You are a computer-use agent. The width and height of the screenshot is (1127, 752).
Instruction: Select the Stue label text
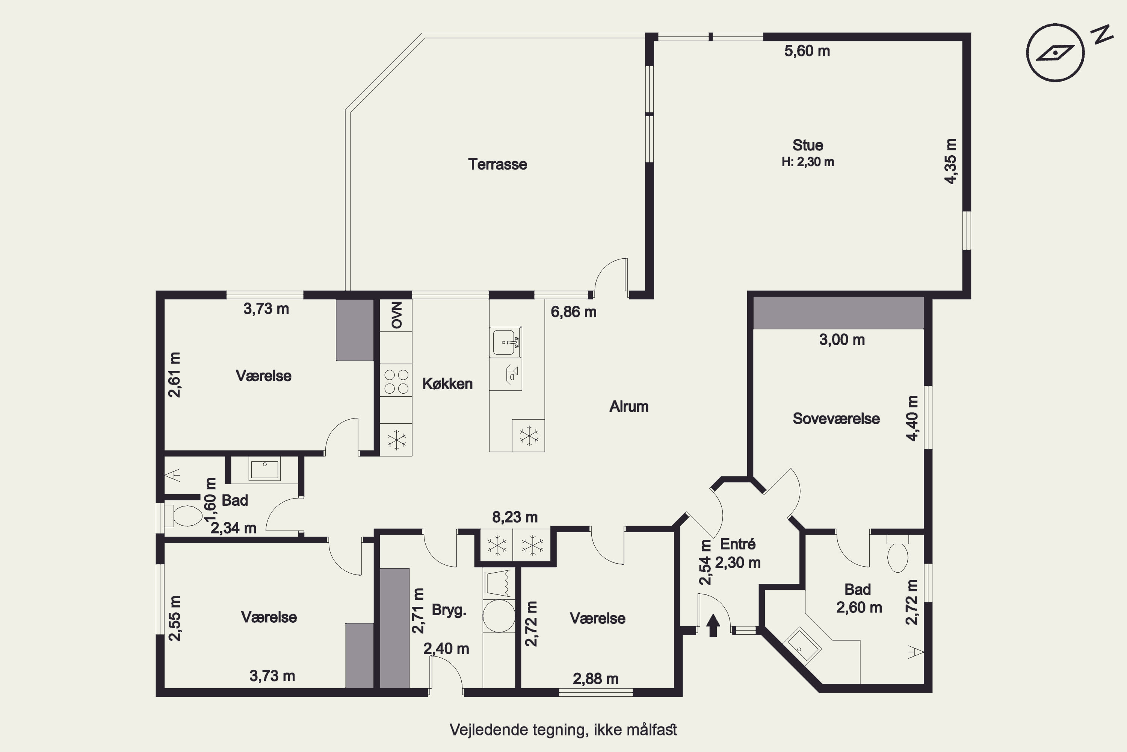pos(808,145)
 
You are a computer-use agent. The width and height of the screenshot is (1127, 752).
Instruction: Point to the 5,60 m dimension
pos(807,51)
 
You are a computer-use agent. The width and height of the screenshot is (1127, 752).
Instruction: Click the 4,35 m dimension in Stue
pos(951,161)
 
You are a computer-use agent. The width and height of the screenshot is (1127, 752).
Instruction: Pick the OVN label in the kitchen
pos(397,315)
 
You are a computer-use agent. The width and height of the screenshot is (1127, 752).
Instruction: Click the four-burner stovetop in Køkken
pos(396,381)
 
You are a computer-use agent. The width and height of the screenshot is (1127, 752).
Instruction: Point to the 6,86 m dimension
pos(574,312)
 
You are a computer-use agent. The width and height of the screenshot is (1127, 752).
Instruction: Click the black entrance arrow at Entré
pos(713,626)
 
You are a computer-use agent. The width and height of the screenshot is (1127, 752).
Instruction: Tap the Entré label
pos(738,544)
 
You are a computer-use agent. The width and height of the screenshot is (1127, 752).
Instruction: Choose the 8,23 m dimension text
pos(515,517)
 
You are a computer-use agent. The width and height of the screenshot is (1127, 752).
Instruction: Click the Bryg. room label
pos(449,610)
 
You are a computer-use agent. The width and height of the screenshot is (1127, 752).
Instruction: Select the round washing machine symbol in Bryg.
pos(499,616)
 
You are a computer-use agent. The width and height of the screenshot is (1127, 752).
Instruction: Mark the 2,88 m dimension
pos(595,679)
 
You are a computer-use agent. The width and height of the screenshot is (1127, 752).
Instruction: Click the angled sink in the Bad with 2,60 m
pos(802,646)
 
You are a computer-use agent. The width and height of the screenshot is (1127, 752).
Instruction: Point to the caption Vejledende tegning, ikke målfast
pos(563,730)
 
